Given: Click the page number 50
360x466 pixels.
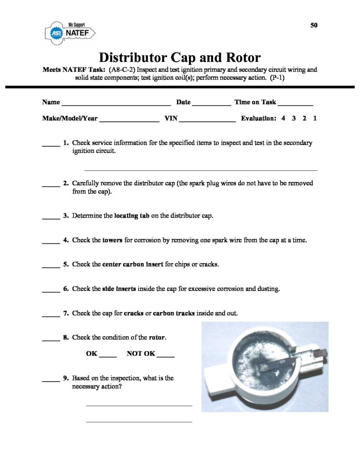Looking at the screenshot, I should (314, 25).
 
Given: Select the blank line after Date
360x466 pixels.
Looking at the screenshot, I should (212, 104).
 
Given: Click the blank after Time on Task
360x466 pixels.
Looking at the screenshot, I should (295, 104).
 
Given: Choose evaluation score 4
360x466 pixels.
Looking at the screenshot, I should (283, 118).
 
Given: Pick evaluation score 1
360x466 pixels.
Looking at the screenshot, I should (315, 118).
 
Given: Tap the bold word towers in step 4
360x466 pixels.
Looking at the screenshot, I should (112, 240).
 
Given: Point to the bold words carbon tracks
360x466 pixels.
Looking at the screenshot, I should (173, 314).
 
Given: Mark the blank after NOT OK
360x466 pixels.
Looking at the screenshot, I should (166, 355).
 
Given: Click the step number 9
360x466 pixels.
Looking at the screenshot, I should (66, 378).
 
